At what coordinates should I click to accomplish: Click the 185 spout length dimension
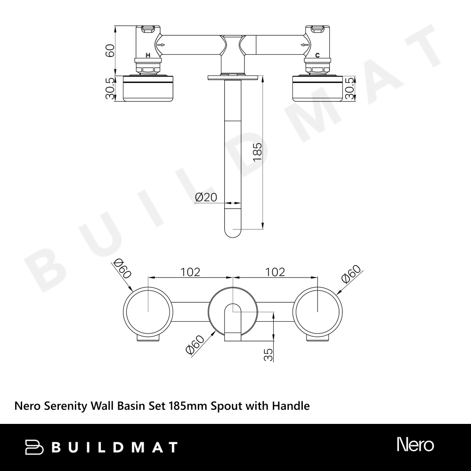(x=258, y=152)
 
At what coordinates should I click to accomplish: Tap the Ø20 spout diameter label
(x=206, y=197)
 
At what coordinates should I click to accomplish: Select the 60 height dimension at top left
(x=110, y=50)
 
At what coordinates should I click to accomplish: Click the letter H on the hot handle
(x=148, y=55)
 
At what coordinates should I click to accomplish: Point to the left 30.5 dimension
(x=110, y=89)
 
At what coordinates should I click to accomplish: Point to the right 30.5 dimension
(x=349, y=89)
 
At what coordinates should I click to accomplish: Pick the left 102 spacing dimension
(x=190, y=272)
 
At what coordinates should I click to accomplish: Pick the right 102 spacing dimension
(x=275, y=272)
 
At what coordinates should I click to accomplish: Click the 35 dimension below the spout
(x=268, y=355)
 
